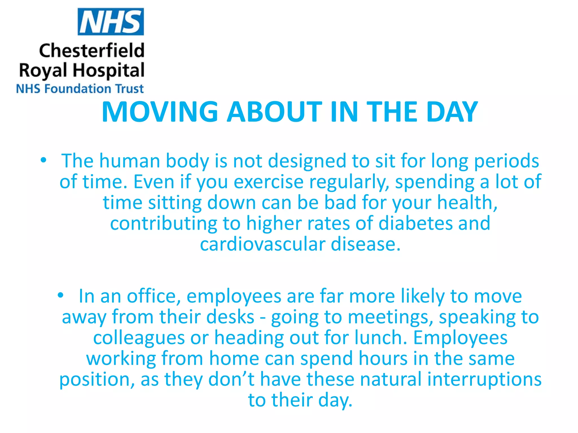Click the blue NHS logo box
pos(111,22)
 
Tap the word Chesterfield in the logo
pos(92,51)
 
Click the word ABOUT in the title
pos(274,112)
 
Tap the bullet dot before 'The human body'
pos(43,160)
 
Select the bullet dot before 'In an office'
pos(60,295)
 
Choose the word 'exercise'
pos(268,182)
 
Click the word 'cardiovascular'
pos(262,244)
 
